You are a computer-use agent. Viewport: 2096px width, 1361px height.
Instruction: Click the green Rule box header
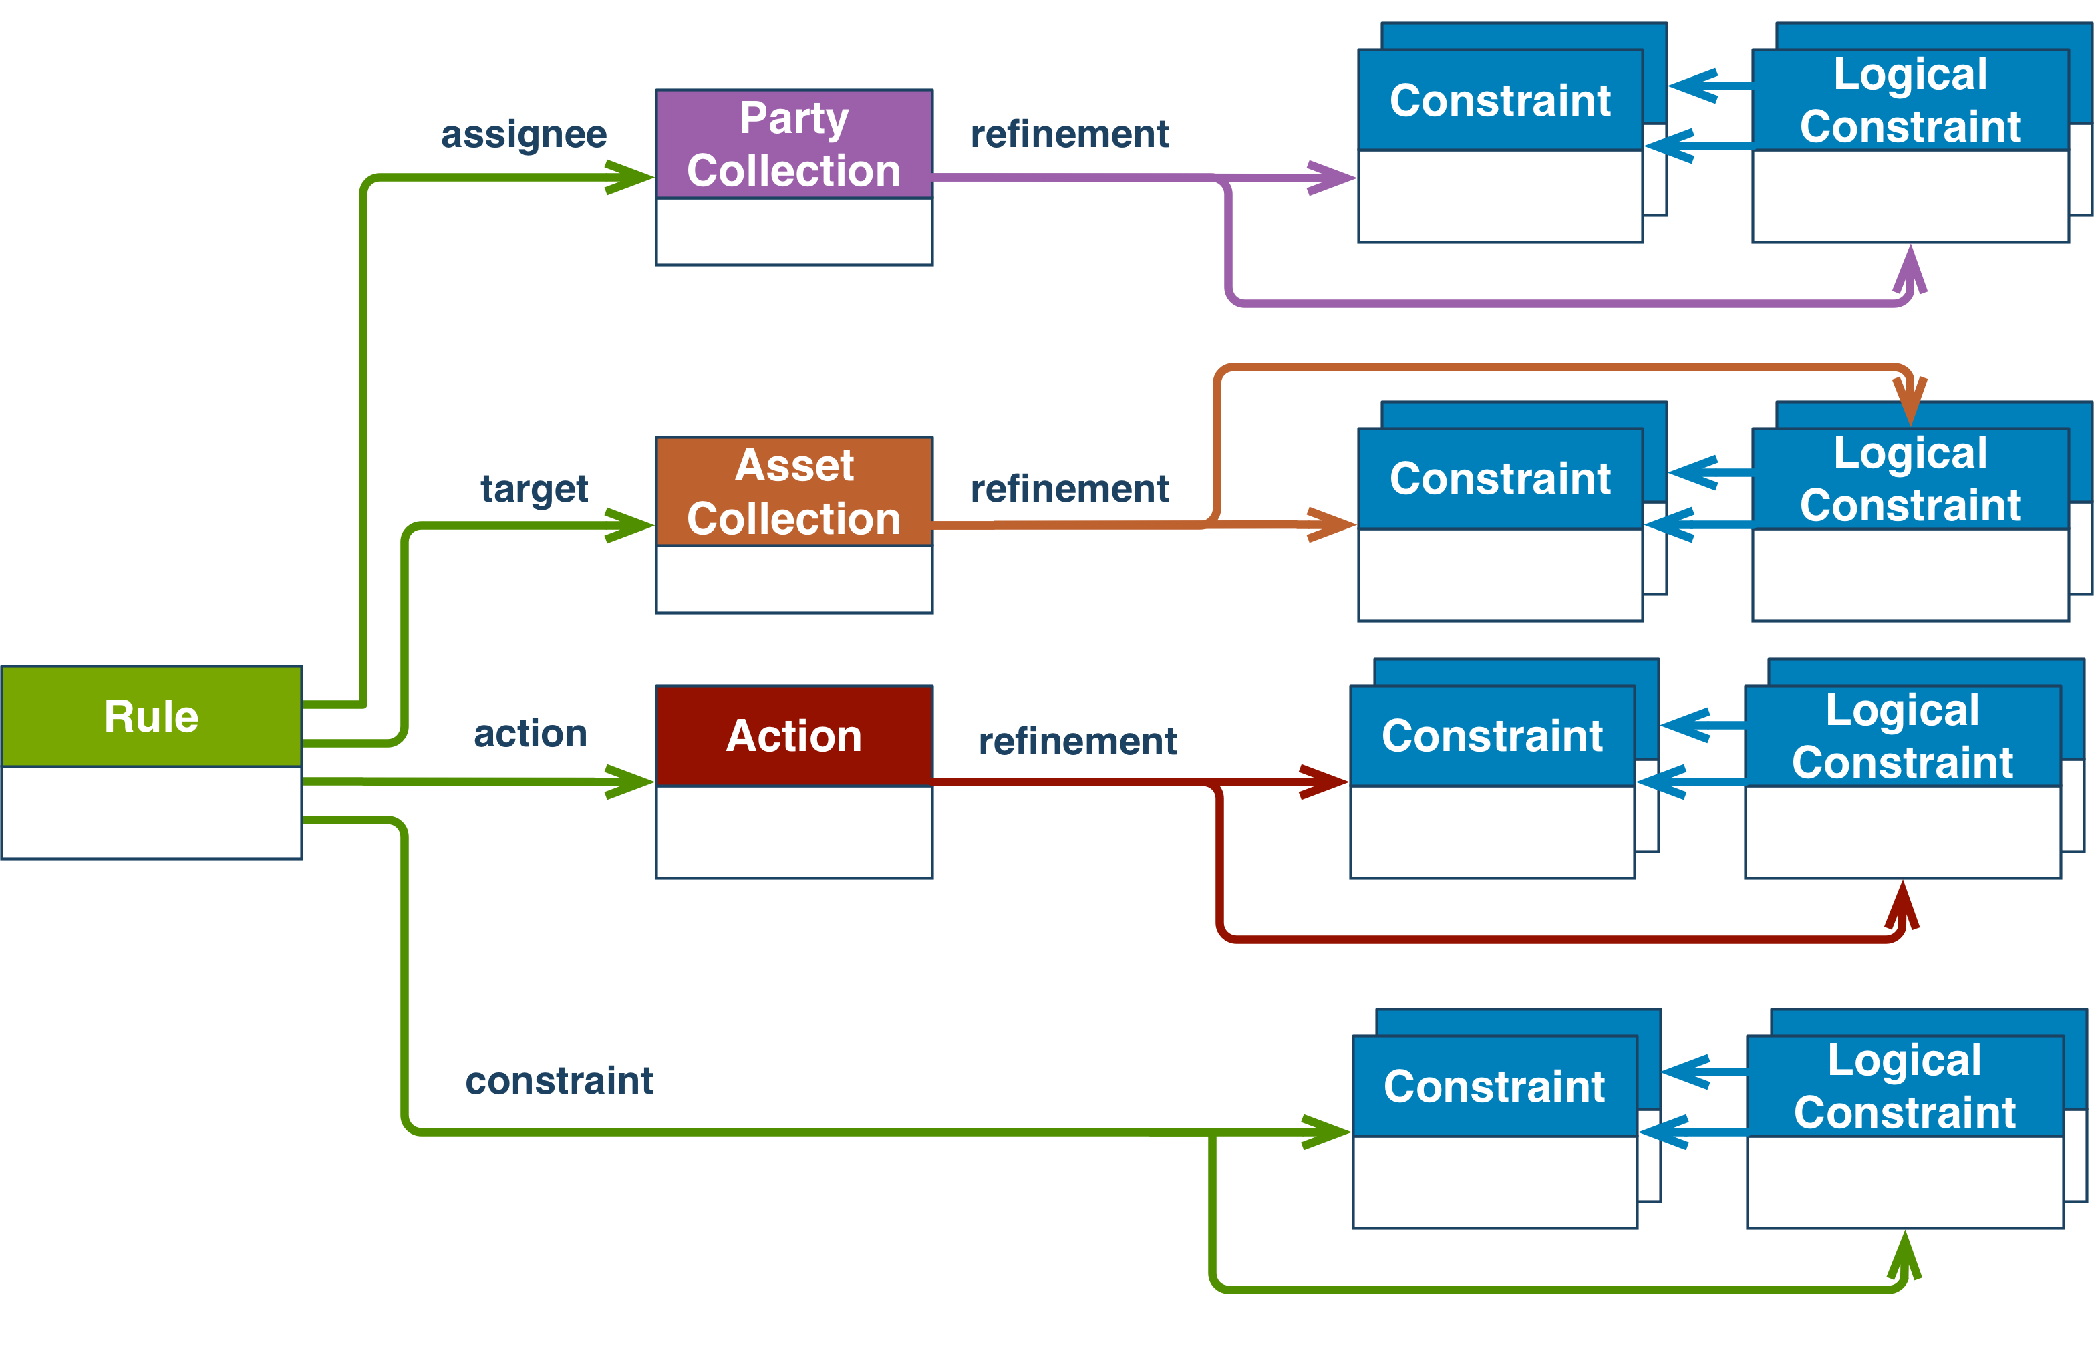152,716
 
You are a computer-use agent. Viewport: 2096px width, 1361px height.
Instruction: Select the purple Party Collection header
794,144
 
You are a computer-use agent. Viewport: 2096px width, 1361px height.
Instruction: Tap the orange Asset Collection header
794,492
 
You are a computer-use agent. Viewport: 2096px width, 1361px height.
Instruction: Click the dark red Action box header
794,736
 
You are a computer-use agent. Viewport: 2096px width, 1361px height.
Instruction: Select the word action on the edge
530,734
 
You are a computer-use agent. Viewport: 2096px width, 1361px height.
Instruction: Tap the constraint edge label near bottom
559,1081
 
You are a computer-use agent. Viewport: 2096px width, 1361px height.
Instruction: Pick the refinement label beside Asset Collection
1069,489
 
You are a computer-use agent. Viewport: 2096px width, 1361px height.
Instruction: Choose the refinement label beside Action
1077,742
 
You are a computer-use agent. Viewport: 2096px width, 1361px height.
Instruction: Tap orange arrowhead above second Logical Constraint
1910,401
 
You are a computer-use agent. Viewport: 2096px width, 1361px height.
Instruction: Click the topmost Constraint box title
1500,100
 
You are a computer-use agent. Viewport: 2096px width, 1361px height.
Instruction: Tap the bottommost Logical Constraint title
1905,1086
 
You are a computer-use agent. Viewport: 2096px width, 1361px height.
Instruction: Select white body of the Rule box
152,812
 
